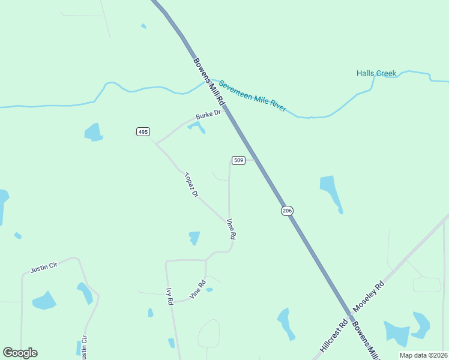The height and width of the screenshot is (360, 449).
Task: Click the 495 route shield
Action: click(x=143, y=131)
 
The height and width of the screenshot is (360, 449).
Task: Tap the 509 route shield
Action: click(x=238, y=160)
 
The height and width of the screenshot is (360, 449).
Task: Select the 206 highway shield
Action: click(x=287, y=210)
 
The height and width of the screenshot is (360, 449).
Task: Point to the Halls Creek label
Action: click(x=376, y=73)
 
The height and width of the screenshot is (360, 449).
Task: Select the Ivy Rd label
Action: click(x=170, y=296)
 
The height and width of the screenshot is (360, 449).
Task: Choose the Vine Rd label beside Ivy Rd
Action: click(x=197, y=290)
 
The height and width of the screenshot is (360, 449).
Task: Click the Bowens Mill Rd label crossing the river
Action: click(x=208, y=82)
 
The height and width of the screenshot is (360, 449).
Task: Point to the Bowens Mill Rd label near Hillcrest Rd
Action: click(x=366, y=340)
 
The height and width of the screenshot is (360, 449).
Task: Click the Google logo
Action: click(x=20, y=353)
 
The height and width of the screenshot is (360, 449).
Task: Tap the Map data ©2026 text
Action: click(x=423, y=355)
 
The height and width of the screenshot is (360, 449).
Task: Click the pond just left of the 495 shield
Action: click(x=94, y=132)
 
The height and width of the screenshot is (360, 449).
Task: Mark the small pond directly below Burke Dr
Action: click(x=197, y=127)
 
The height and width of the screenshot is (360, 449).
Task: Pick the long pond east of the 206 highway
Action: click(x=330, y=191)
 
